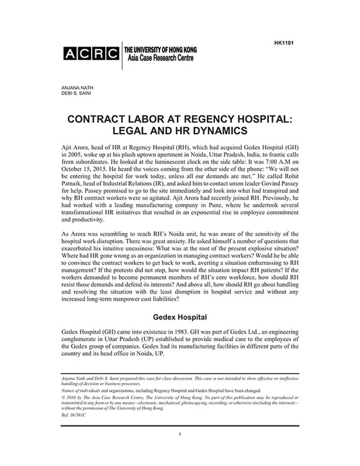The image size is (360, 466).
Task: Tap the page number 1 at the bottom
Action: click(x=180, y=451)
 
